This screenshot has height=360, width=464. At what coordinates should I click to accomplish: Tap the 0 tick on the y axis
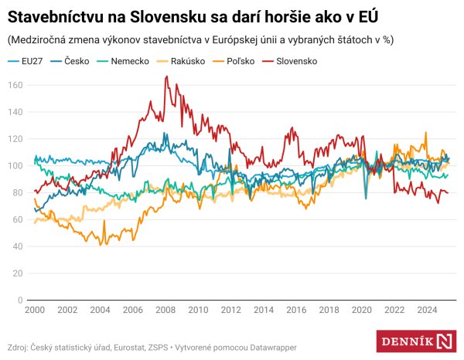19,300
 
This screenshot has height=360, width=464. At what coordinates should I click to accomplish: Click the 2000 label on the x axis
33,309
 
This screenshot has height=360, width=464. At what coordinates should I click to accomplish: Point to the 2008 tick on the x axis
165,309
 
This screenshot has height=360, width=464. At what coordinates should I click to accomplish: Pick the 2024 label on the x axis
426,309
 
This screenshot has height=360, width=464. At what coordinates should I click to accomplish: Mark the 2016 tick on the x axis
295,309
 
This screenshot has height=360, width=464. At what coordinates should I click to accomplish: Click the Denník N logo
416,341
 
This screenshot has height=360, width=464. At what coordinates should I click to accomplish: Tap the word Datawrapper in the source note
272,347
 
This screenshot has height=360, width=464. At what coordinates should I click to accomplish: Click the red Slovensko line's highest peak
166,76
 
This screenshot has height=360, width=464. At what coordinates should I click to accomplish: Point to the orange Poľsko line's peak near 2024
425,132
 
